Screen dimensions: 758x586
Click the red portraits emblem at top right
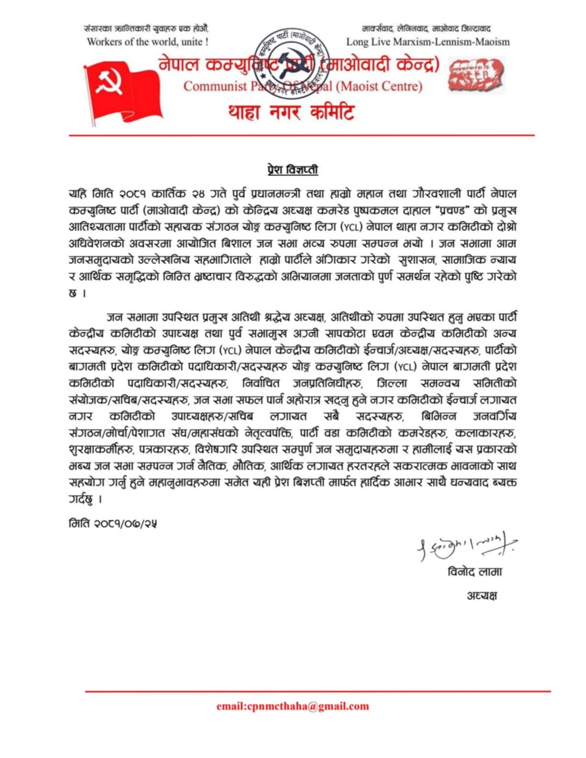(476, 75)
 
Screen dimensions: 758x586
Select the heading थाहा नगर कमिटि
(291, 113)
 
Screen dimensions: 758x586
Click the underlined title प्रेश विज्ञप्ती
(293, 170)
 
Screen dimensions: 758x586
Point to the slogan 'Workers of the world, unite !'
(147, 42)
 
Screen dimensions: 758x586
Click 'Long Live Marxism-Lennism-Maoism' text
(428, 42)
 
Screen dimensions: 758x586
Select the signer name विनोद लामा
(474, 572)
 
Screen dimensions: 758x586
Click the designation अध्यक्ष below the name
(482, 595)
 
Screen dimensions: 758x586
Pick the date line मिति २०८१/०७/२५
(113, 523)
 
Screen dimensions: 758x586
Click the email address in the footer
(293, 706)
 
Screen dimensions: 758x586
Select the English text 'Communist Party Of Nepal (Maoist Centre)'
(303, 87)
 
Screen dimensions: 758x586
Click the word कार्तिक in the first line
(170, 194)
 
